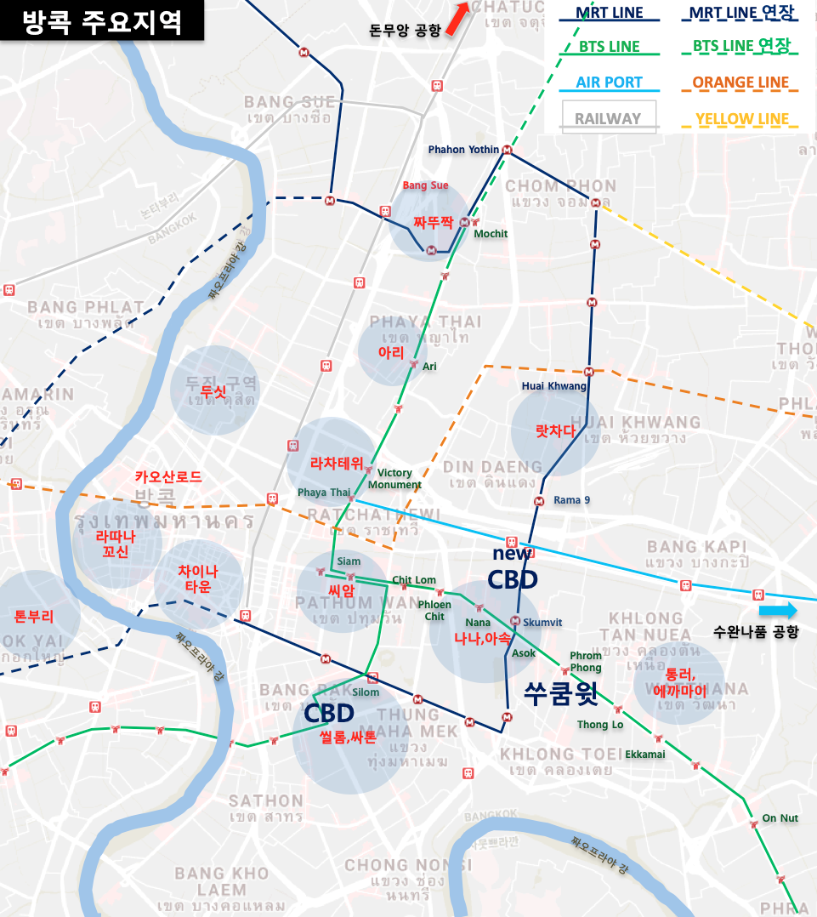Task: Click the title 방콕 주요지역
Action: point(102,21)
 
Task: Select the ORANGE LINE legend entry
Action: point(740,83)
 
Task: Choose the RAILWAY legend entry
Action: point(608,118)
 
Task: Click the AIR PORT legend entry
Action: point(609,83)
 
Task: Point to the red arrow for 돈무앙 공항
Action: point(457,19)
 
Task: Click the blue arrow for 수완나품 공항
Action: point(778,610)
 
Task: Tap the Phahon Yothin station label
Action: point(463,150)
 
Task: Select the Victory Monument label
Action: point(394,479)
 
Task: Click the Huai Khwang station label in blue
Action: point(554,386)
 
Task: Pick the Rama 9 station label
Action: point(571,500)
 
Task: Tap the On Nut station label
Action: point(780,818)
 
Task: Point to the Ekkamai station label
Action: point(645,754)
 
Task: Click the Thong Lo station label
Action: point(600,725)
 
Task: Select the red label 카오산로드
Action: point(168,477)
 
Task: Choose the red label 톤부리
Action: point(34,616)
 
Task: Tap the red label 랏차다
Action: point(556,431)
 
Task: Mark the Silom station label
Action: point(366,692)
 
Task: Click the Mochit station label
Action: point(491,234)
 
